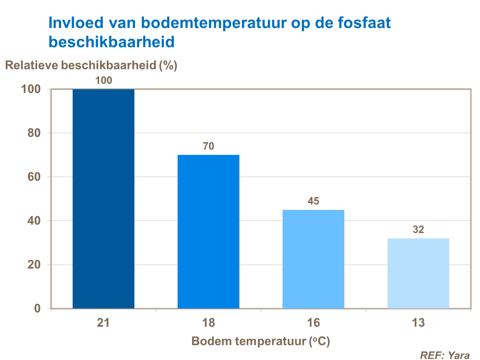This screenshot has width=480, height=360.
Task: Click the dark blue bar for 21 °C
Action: pos(103,198)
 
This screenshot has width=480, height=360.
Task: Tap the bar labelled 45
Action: pos(313,259)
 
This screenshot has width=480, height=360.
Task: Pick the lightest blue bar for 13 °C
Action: pos(418,273)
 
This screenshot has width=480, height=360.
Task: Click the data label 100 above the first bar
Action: pos(104,80)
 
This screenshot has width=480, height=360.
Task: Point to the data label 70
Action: pos(208,146)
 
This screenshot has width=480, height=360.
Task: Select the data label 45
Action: pos(313,201)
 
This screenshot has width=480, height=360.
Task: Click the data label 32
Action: pos(418,229)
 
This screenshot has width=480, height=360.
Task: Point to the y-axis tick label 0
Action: pos(37,308)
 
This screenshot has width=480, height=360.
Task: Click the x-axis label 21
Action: pos(103,323)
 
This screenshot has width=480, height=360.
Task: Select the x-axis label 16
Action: pos(313,323)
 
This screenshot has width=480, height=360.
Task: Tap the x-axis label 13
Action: pos(418,323)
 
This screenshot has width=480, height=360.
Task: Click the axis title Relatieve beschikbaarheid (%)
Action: pos(91,65)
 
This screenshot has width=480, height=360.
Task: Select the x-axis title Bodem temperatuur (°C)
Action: pos(260,341)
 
